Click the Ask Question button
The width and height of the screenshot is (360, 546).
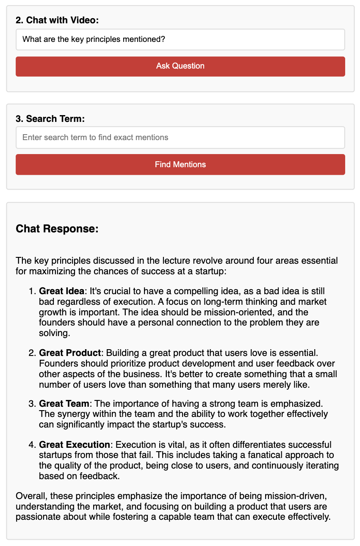point(180,66)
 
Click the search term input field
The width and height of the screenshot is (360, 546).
point(180,138)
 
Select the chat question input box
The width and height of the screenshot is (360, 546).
point(180,40)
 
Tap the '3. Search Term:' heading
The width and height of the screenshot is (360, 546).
point(50,119)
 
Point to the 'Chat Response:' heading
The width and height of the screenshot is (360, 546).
point(57,229)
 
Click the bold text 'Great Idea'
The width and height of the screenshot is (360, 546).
point(61,292)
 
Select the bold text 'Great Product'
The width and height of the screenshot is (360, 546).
point(70,353)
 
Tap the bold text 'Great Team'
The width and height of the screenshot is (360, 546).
point(64,404)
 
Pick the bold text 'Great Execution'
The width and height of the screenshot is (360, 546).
point(75,445)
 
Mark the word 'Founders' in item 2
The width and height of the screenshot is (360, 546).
point(55,363)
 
